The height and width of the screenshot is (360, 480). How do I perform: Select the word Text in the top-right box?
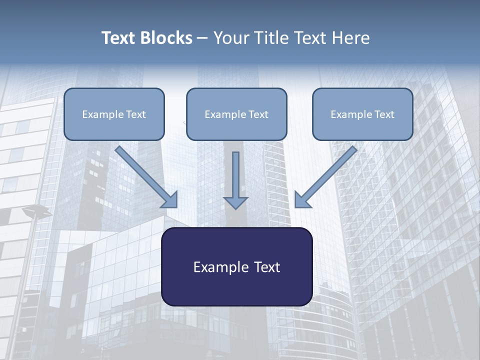tap(384, 114)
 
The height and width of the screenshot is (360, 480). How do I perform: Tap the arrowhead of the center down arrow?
tap(235, 202)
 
